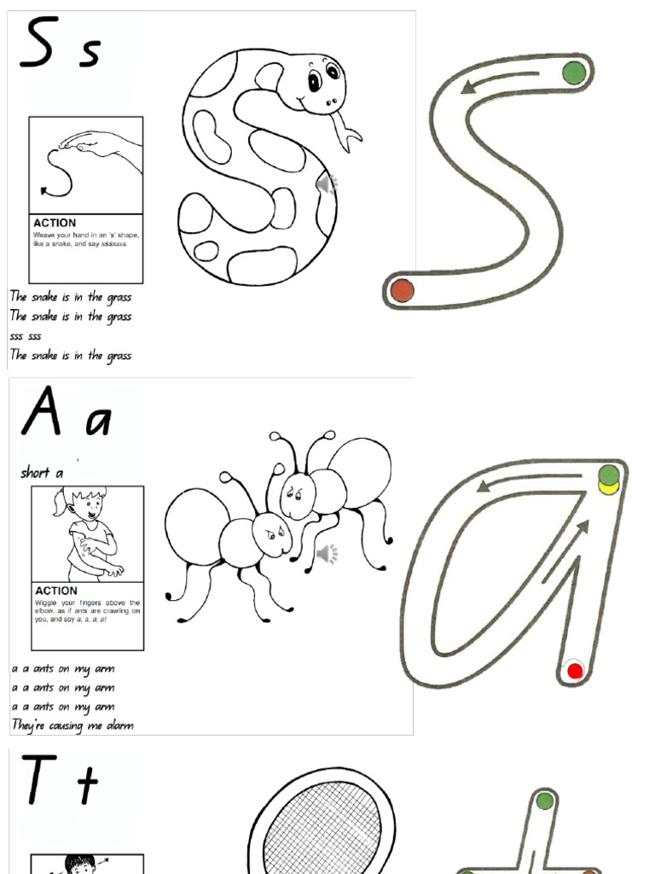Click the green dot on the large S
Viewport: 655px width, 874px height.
click(575, 73)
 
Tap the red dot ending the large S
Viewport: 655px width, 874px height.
click(402, 290)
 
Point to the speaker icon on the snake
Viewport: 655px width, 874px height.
click(327, 184)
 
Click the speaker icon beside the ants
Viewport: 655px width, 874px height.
click(327, 555)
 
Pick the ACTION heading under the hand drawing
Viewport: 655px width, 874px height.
click(55, 223)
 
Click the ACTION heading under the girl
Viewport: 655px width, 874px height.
click(56, 591)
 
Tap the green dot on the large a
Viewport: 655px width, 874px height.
click(608, 475)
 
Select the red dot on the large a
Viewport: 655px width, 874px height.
click(575, 671)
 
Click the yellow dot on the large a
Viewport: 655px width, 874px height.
click(608, 488)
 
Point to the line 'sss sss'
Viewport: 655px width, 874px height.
click(26, 336)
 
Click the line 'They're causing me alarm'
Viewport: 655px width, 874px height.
click(72, 725)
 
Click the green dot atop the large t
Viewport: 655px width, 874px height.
click(544, 801)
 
